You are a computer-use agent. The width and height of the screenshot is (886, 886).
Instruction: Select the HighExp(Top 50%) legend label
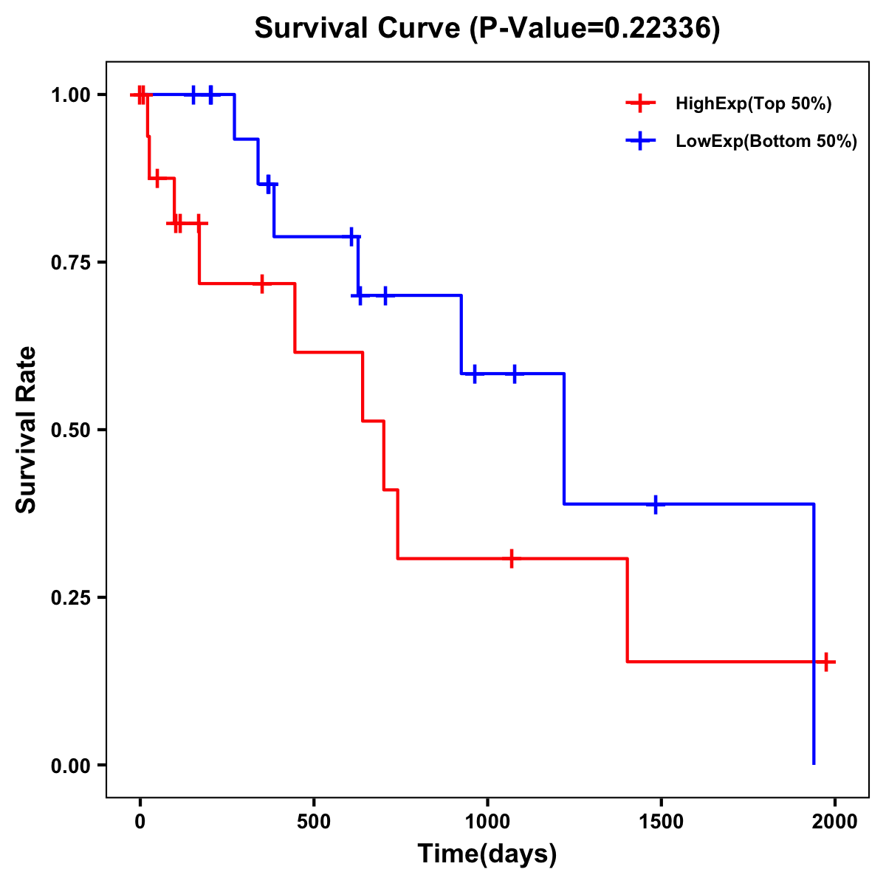tap(754, 104)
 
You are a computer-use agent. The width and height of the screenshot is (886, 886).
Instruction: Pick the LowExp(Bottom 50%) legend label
tap(766, 142)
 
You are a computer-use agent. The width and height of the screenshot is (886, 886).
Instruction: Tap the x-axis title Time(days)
tap(487, 854)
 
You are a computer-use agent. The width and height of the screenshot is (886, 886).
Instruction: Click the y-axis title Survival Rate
tap(27, 429)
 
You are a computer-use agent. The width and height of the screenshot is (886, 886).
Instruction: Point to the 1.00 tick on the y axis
tap(70, 95)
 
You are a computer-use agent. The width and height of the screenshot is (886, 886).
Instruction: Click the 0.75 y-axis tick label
tap(70, 263)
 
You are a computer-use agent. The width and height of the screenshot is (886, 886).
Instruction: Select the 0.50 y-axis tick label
tap(70, 430)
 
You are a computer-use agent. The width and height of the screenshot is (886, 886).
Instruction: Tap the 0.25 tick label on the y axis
tap(70, 598)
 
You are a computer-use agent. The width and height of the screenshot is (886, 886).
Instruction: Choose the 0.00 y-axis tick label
tap(70, 766)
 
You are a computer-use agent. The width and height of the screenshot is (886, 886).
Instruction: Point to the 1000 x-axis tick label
tap(487, 822)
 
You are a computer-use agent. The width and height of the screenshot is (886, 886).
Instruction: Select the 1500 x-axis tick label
tap(661, 822)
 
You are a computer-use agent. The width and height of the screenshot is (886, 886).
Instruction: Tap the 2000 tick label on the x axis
tap(835, 822)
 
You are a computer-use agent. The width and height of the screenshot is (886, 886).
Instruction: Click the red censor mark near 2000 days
tap(826, 662)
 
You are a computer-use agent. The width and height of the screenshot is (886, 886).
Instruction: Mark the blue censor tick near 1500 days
tap(655, 504)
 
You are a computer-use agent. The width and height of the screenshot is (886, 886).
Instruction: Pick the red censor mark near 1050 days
tap(511, 559)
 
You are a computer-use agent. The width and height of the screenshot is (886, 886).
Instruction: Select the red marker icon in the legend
tap(640, 103)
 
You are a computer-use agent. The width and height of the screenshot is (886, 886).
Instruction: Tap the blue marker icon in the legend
tap(640, 141)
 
